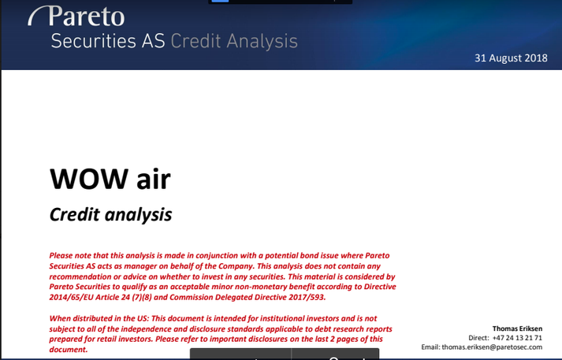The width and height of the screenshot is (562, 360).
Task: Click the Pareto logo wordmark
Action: tap(87, 17)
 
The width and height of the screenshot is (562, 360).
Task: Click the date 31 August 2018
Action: tap(511, 58)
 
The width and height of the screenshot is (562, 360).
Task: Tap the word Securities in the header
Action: tap(94, 41)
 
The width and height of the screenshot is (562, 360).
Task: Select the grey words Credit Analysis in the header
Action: tap(234, 41)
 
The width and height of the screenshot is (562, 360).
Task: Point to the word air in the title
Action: tap(154, 180)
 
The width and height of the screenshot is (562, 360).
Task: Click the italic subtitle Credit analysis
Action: tap(110, 215)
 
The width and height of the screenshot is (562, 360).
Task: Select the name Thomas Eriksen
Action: tap(517, 328)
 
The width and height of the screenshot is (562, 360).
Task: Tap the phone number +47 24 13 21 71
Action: tap(517, 338)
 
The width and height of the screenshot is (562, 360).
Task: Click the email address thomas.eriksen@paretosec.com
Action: tap(492, 347)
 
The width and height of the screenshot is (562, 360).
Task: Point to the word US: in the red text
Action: tap(143, 318)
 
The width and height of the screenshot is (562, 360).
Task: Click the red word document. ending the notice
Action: tap(69, 350)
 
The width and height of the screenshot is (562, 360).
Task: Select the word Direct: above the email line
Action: tap(478, 338)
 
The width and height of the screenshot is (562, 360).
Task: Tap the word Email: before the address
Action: tap(430, 347)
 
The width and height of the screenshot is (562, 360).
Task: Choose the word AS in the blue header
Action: tap(153, 41)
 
